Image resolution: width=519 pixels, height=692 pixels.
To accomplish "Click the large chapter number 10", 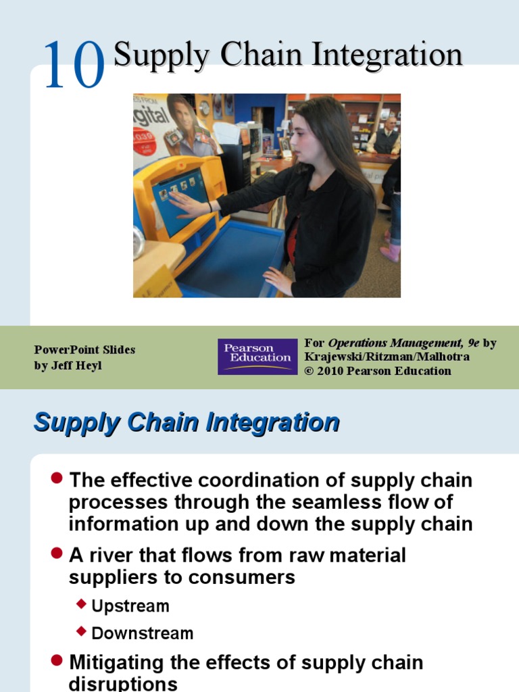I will (x=74, y=65).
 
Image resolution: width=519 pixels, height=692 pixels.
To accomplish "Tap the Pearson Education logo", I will (x=257, y=356).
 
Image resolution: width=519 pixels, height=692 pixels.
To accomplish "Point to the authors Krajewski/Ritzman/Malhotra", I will (x=387, y=357).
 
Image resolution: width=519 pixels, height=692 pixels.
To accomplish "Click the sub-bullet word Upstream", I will (x=130, y=606).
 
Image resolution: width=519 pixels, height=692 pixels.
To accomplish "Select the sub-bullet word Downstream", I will (x=142, y=633).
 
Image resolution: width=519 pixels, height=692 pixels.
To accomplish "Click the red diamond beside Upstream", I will (x=82, y=604).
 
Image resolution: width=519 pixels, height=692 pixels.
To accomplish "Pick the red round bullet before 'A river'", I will (x=57, y=553).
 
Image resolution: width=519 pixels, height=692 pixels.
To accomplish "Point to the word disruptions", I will (x=123, y=683).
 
